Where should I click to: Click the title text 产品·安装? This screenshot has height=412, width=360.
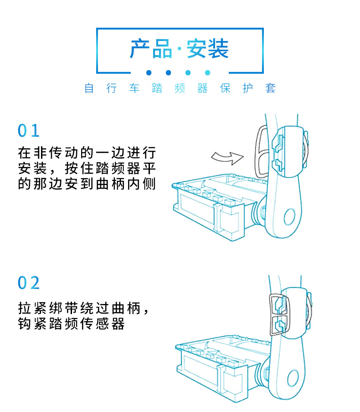180,49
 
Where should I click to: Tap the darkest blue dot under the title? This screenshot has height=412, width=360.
149,72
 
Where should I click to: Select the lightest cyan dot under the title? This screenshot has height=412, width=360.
208,72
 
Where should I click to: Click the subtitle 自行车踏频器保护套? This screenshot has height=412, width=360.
180,88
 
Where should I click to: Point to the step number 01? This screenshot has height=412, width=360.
29,131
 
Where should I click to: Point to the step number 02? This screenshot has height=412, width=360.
29,283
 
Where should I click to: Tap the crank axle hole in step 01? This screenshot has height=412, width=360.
290,217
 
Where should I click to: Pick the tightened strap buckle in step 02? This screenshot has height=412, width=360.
277,314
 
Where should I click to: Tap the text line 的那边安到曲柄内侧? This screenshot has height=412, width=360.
87,185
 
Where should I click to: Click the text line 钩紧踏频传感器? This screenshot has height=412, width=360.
71,324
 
